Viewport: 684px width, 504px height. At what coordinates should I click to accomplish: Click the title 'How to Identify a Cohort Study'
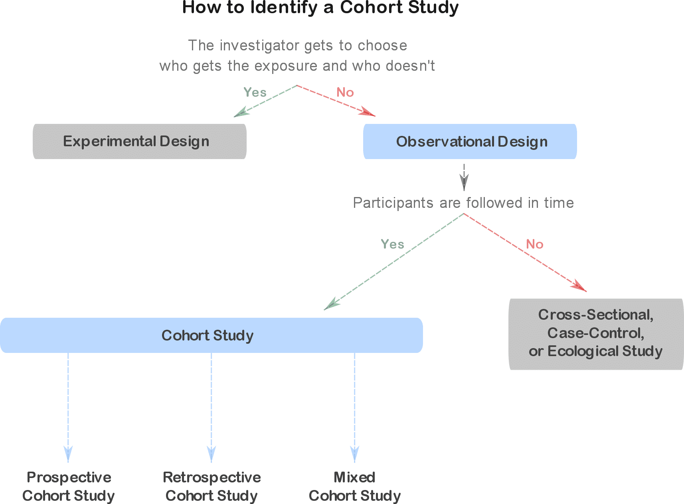(320, 8)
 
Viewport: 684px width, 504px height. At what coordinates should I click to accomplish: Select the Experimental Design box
(139, 141)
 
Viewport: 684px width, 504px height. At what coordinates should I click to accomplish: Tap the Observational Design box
(470, 141)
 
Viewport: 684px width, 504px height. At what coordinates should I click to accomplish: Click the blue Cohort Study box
(211, 335)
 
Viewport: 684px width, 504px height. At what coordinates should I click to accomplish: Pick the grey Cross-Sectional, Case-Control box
(596, 334)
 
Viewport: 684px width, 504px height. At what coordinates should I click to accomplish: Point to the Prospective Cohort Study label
(69, 486)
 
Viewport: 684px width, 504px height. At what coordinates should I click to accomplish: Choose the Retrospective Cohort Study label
(212, 486)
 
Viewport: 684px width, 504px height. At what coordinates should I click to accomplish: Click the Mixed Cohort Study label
(354, 486)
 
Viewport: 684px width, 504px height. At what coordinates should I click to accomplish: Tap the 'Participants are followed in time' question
(463, 203)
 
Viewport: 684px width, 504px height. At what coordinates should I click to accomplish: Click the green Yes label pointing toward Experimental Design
(255, 92)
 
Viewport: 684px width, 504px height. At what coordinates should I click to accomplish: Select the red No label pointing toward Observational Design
(345, 92)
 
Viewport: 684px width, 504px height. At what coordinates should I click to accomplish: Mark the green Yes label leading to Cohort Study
(392, 244)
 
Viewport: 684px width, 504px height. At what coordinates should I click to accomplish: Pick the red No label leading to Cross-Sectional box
(535, 244)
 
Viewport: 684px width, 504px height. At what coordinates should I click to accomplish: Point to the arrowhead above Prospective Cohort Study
(68, 454)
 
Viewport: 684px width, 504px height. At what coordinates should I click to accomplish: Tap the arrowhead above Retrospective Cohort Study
(212, 454)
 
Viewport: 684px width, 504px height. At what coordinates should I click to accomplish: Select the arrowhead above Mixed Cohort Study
(354, 454)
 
